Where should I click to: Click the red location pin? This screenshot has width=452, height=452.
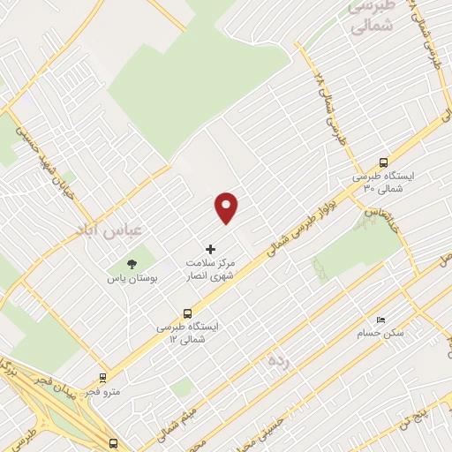pos(227,207)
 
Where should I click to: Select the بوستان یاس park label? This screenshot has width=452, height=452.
pos(132,278)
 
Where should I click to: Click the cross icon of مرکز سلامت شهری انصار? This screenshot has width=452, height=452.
pos(210,250)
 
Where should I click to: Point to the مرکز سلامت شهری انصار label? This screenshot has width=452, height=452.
pos(209,269)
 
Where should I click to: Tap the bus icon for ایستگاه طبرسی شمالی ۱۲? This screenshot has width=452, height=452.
pos(187,313)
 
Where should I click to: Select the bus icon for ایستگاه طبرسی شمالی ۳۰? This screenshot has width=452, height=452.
pos(383,162)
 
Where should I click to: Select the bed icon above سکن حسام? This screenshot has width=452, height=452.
pos(381,320)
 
